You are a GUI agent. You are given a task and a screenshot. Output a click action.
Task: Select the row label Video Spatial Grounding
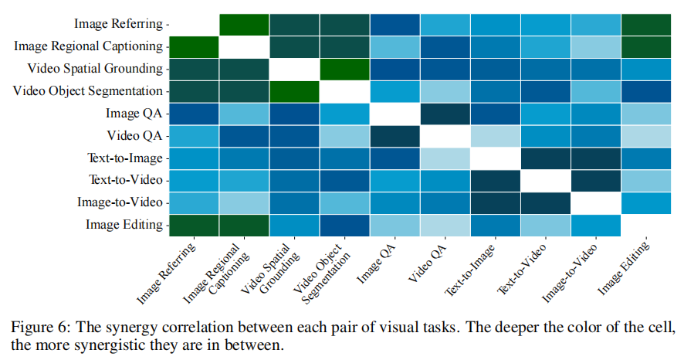point(95,69)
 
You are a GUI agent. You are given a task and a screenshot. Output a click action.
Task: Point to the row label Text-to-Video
point(124,180)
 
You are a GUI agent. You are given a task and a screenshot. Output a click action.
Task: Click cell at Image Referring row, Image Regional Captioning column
point(244,25)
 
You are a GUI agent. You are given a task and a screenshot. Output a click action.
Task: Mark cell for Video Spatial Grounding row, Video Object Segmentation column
point(344,69)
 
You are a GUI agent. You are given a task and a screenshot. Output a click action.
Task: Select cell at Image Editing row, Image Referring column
point(194,225)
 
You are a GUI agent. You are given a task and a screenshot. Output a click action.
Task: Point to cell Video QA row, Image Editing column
point(646,136)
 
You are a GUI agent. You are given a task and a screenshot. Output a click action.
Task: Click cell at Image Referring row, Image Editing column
point(646,25)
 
